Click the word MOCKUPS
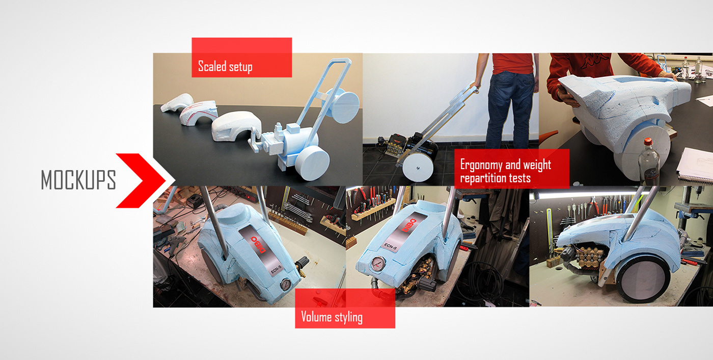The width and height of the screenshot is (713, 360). click(x=78, y=180)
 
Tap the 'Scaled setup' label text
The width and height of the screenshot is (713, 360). click(x=225, y=67)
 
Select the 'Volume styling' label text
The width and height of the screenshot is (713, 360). click(x=332, y=317)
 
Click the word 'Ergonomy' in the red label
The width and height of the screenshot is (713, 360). click(x=481, y=165)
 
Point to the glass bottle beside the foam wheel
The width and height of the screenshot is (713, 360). click(x=649, y=162)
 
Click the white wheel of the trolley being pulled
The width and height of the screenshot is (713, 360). click(x=418, y=168)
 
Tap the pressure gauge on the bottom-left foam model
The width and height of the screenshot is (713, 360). click(x=286, y=284)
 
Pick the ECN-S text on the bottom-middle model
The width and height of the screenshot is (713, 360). click(x=391, y=246)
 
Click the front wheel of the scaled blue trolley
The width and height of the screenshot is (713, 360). click(x=312, y=163)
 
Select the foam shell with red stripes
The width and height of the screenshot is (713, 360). click(x=198, y=113)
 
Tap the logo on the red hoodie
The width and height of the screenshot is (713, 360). click(x=592, y=61)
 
